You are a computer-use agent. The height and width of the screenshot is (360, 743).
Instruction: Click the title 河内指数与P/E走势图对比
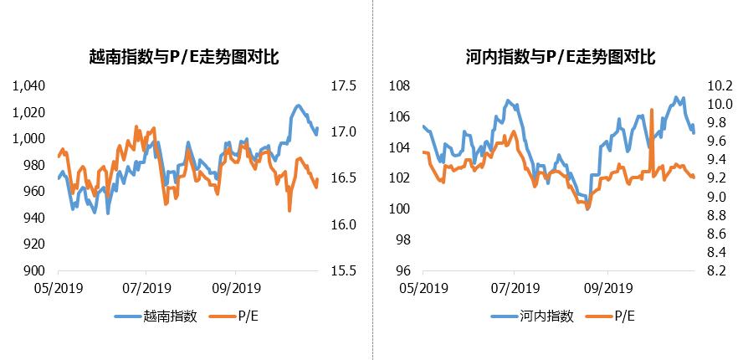tap(560, 57)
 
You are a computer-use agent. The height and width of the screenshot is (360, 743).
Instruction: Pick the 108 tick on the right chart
tap(399, 86)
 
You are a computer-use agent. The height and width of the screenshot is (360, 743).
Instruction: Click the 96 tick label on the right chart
tap(402, 271)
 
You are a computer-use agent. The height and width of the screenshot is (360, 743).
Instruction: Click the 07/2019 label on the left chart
tap(146, 289)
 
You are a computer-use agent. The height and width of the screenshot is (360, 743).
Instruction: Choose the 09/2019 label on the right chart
tap(607, 289)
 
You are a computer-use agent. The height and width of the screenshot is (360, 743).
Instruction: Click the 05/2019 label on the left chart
tap(57, 289)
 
